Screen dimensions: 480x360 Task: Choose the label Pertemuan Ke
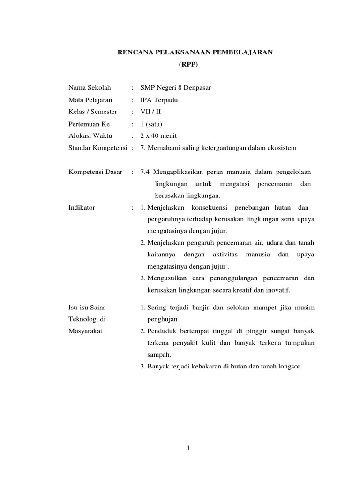89,124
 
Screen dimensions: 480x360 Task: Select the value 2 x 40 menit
155,136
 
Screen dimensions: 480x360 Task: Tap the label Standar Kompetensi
97,148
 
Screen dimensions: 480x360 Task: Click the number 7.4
145,172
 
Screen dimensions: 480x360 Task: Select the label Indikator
82,208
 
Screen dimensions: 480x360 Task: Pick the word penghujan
163,319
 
